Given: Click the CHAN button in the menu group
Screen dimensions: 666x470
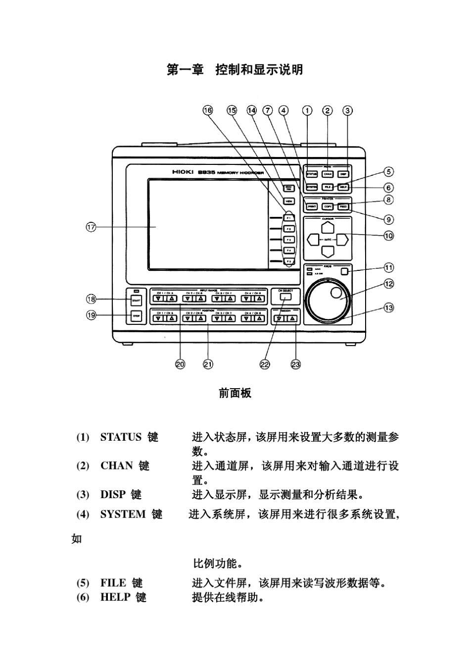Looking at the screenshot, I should coord(328,174).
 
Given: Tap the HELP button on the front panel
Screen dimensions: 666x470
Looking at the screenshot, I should coord(343,187).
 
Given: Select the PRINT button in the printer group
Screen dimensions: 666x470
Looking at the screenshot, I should coord(312,206).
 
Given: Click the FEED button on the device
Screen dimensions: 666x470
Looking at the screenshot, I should coord(343,206).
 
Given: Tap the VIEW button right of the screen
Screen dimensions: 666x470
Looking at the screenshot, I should coord(288,202).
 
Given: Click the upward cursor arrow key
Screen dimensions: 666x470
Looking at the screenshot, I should coord(328,227).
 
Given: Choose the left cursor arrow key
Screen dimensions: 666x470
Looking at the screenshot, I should coord(313,240).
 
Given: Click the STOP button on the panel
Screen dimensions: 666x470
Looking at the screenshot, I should coord(136,315).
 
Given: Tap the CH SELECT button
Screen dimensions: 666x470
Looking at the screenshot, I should coord(285,297).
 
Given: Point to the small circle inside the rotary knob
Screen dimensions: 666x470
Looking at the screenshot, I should coord(336,293).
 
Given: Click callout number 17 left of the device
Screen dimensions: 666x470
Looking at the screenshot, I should coord(91,227).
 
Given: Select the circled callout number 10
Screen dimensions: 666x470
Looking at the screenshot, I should coord(389,236).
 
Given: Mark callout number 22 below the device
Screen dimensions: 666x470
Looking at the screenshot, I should coord(265,364).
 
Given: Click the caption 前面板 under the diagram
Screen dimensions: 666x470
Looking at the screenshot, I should coord(235,393).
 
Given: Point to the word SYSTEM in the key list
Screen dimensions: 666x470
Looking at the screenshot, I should coord(123,514).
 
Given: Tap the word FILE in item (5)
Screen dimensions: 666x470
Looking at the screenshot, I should coord(113,583).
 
